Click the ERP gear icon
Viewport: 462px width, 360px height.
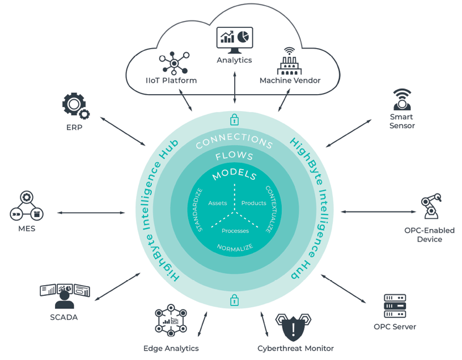(74, 106)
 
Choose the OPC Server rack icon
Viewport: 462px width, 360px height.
(395, 306)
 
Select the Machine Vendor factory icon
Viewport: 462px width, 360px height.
(290, 61)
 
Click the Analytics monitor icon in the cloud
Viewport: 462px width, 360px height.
(235, 39)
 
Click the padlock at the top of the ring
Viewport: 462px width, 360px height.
(234, 120)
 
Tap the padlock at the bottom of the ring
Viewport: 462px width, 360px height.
(234, 300)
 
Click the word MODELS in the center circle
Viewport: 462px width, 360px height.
(234, 175)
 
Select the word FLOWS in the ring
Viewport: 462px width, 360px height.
(234, 156)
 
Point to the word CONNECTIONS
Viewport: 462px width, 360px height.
(234, 140)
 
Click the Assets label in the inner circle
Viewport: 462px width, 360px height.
(217, 203)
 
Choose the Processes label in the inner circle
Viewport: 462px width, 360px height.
(235, 231)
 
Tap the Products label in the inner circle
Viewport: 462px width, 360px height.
(253, 203)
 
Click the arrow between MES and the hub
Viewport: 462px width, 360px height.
(91, 213)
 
